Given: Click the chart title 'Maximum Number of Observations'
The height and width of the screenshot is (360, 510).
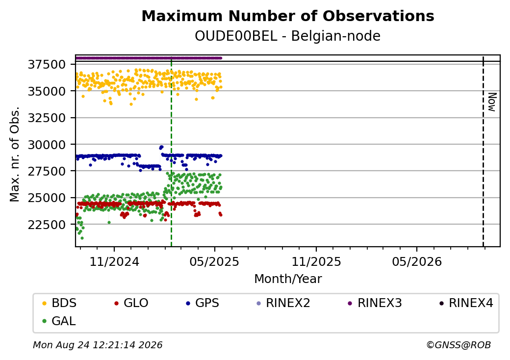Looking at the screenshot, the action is tap(288, 16).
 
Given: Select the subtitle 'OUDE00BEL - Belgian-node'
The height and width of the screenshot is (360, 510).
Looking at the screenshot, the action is tap(287, 36).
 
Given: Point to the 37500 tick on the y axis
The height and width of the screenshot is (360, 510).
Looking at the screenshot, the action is tap(47, 64).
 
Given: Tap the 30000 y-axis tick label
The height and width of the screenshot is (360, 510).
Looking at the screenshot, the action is tap(47, 144).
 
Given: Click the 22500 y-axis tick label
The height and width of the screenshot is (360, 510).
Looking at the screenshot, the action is tap(47, 225).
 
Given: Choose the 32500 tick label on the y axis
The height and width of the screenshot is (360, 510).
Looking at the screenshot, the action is tap(47, 118).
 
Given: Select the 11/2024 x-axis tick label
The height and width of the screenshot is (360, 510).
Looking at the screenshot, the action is tap(114, 261).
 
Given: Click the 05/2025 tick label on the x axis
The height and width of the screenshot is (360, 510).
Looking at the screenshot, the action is tap(214, 261).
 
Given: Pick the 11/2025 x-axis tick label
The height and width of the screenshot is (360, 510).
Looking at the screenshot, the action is tap(316, 261).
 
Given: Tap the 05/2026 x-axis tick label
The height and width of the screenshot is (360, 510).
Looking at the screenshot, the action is tap(417, 261).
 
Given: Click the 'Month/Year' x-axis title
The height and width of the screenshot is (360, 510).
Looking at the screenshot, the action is tap(288, 279).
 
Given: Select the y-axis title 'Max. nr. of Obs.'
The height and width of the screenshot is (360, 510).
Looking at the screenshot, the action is tap(15, 154).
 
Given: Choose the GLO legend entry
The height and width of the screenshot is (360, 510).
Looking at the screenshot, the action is tap(131, 303).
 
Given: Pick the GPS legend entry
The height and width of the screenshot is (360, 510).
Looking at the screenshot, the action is tap(203, 303).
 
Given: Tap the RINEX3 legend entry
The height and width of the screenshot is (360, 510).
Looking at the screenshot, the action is tap(374, 303).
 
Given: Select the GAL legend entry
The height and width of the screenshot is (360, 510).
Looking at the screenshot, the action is tap(59, 321).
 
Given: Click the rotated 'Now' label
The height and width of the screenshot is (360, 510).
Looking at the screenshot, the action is tap(492, 102).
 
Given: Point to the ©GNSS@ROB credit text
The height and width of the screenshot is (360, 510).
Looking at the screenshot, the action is tap(459, 345).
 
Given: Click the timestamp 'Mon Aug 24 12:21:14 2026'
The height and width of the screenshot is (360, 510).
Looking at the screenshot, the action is tap(98, 345).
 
